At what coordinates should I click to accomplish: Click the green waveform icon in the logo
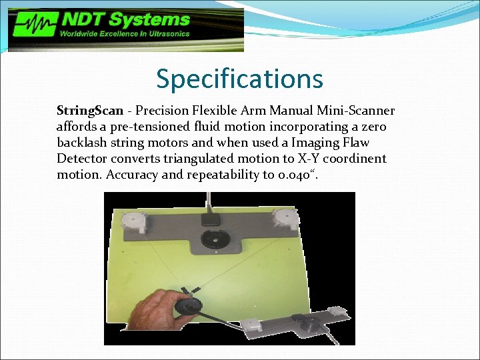(32, 26)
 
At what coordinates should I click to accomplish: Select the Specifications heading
(239, 79)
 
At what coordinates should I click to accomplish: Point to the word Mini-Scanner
(361, 110)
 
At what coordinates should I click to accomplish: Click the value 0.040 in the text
(289, 175)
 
